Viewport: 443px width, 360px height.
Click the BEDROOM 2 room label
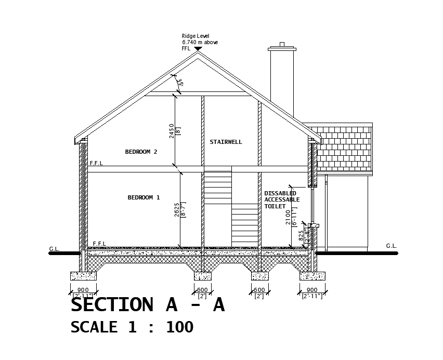[x=141, y=152]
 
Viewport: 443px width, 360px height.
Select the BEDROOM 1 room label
[x=144, y=197]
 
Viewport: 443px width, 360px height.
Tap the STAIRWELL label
[x=226, y=142]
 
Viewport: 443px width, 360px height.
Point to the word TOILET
[x=275, y=207]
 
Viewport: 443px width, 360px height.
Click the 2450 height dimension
[x=172, y=130]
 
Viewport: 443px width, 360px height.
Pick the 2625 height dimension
[x=177, y=209]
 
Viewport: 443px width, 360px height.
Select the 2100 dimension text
[x=289, y=216]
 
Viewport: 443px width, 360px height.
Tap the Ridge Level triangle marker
[x=198, y=49]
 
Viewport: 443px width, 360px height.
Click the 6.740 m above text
[x=200, y=42]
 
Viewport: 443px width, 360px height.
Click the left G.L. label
[x=54, y=249]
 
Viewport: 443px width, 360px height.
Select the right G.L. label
[x=391, y=246]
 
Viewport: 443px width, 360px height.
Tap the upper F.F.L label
[x=96, y=163]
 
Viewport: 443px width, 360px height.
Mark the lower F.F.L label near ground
[x=99, y=244]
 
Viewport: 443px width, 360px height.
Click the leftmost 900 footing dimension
[x=83, y=290]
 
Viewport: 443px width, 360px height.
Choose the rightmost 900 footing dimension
[x=312, y=290]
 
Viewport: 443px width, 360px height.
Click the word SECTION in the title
[x=112, y=305]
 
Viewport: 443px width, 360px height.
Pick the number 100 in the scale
[x=179, y=327]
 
